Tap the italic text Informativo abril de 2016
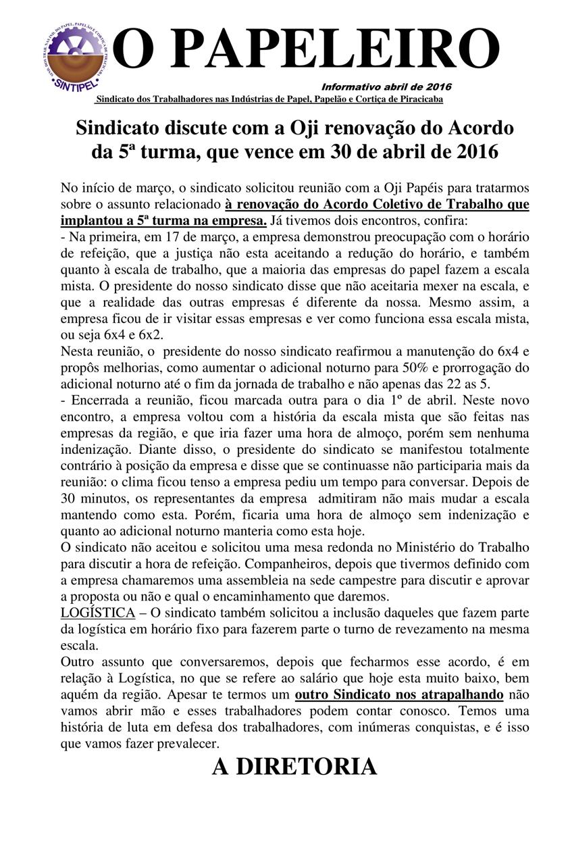(386, 86)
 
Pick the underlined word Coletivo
(392, 203)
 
